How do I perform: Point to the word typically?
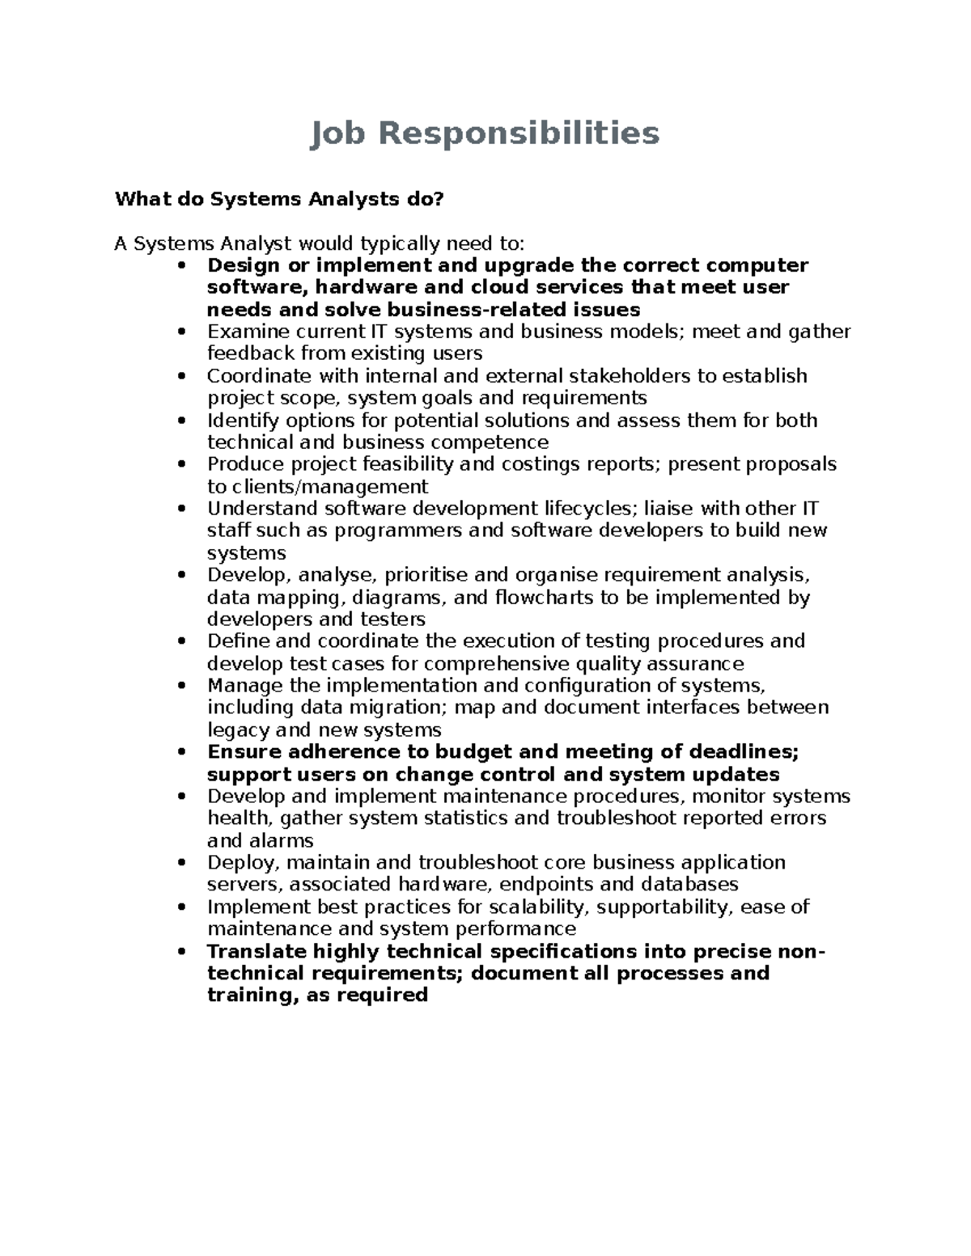401,243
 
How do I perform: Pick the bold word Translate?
257,951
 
